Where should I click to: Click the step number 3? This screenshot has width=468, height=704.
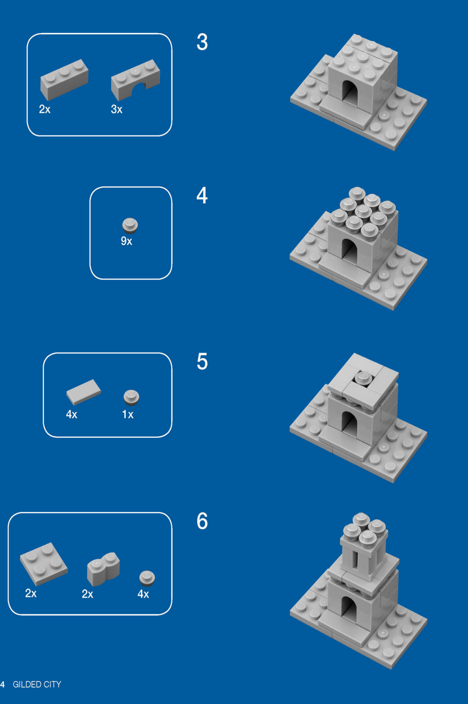point(202,42)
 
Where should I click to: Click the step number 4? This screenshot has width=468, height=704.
point(202,195)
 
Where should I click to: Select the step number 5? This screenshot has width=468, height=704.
point(202,362)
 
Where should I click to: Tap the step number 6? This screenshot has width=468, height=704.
point(202,521)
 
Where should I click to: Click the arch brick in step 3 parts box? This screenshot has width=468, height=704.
point(135,79)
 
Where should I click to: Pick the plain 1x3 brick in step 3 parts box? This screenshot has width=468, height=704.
point(64,79)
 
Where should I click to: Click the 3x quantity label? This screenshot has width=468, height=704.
point(117,109)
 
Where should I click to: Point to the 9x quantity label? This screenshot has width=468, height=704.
point(126,241)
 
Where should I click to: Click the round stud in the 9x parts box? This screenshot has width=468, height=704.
point(130,225)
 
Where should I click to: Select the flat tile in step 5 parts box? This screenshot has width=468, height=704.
point(84,392)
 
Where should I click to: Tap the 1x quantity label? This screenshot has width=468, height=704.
point(128,415)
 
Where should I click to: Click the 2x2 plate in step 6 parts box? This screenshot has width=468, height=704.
point(43,563)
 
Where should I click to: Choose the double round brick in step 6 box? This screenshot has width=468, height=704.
point(103,568)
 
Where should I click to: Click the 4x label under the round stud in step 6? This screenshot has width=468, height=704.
point(143,594)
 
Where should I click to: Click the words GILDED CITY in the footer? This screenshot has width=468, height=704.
point(37,685)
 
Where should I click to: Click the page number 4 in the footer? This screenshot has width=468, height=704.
point(3,685)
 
